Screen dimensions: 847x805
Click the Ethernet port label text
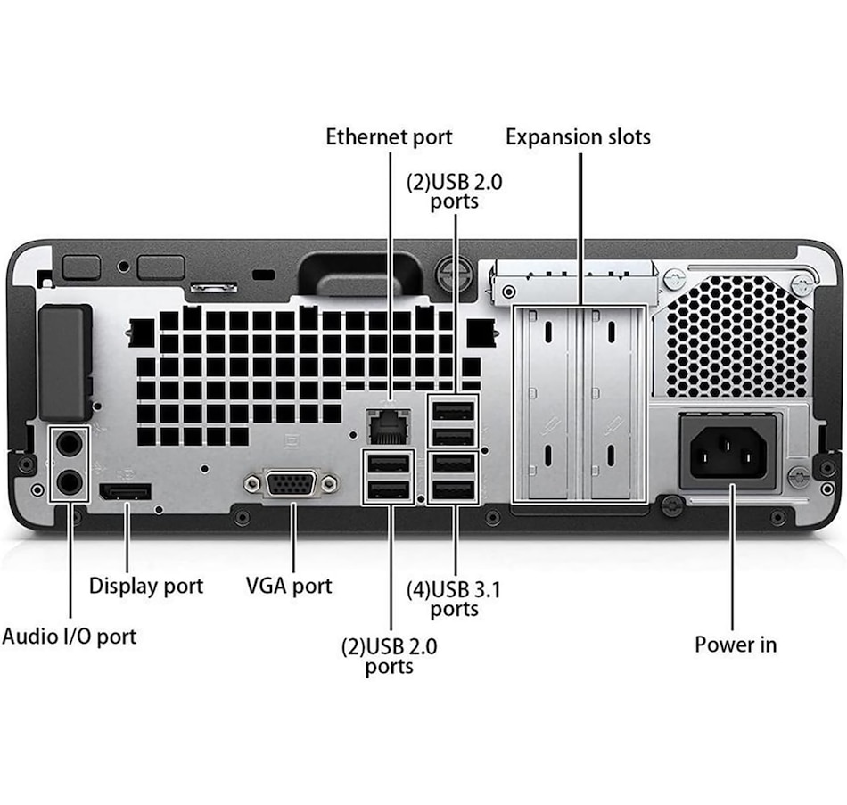coord(389,137)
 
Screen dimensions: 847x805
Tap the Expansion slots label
coord(578,137)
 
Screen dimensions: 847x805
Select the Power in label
coord(736,644)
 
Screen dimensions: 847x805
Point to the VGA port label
coord(289,586)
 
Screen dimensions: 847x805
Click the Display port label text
coord(146,587)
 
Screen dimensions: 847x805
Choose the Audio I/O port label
coord(70,637)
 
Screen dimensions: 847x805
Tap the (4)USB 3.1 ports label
coord(455,599)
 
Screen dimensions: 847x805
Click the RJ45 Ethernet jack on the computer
coord(389,426)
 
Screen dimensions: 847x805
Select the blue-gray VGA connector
coord(292,483)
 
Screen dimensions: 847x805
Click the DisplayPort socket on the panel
coord(126,491)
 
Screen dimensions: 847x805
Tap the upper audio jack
coord(70,445)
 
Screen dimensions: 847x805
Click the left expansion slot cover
coord(546,403)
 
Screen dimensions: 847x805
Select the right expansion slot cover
coord(611,403)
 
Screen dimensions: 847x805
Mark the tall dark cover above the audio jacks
coord(65,363)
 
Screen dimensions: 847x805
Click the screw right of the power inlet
coord(799,477)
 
